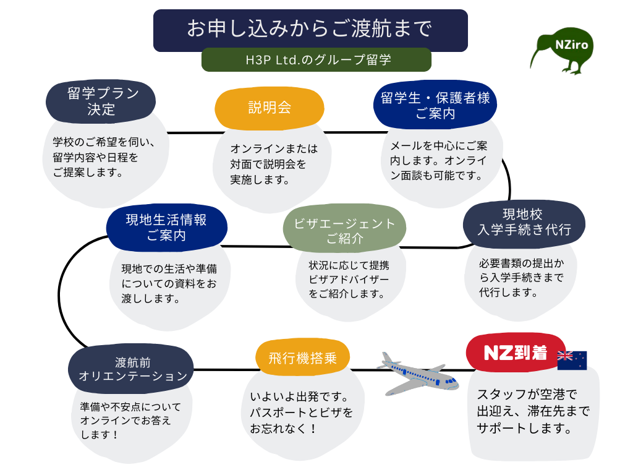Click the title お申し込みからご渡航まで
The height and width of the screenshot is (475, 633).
[310, 29]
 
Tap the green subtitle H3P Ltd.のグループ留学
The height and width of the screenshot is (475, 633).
[316, 60]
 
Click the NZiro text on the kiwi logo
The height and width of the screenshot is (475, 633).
[571, 45]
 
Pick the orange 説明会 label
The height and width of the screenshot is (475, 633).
[269, 108]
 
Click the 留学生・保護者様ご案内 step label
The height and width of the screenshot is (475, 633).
[435, 106]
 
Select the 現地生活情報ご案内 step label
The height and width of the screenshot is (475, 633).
[166, 227]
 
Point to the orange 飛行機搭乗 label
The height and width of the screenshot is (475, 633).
[302, 358]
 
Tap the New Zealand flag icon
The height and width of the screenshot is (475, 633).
[572, 360]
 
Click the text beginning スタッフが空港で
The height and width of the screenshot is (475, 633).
[533, 411]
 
